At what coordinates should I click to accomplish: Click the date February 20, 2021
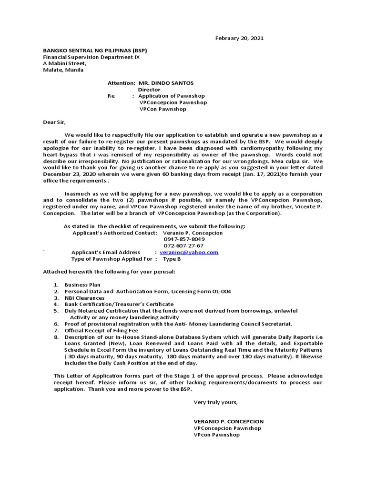coord(239,38)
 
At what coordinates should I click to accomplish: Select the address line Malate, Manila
coord(63,70)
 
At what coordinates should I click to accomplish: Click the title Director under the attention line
coord(149,90)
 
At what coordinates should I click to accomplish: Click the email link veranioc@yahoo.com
coord(189,253)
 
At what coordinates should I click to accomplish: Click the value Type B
coord(172,259)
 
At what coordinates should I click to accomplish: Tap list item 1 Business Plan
coord(82,285)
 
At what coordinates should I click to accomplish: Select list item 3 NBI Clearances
coord(84,298)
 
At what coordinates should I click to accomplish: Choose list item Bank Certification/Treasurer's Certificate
coord(119,304)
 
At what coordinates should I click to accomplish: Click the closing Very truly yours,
coord(215,402)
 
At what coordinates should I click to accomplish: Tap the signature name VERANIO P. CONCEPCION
coord(228,422)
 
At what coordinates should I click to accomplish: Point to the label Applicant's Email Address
coord(106,253)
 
